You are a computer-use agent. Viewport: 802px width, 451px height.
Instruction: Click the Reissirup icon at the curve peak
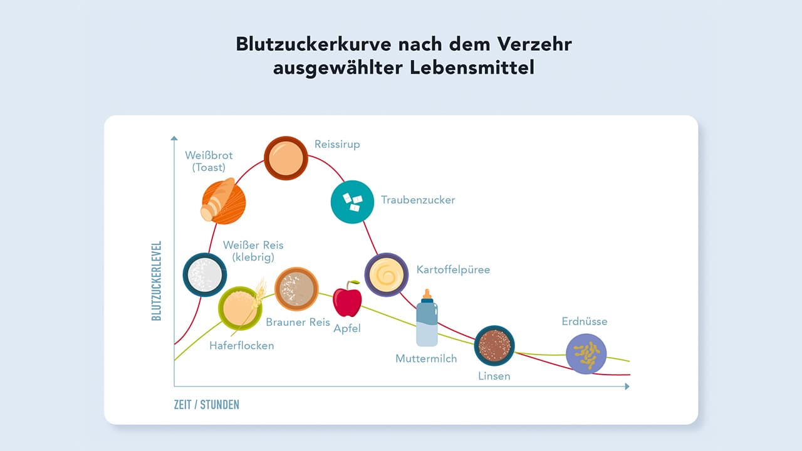tap(286, 158)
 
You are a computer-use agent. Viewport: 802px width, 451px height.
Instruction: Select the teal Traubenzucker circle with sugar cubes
tap(352, 202)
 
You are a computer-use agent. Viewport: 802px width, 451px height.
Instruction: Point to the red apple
tap(347, 299)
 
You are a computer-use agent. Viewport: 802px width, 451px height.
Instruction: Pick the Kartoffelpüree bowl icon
tap(387, 274)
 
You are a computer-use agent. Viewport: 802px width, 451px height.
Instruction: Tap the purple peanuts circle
tap(586, 354)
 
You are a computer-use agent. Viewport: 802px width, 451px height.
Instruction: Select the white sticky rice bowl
tap(204, 274)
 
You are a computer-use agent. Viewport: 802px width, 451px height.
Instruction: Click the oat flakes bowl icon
tap(239, 308)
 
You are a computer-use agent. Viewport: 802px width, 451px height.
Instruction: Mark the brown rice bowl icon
tap(296, 289)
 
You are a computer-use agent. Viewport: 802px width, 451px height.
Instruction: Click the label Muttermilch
tap(426, 359)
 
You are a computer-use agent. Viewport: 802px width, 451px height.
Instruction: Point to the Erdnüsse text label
tap(585, 322)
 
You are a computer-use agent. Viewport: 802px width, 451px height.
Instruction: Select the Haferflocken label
tap(242, 345)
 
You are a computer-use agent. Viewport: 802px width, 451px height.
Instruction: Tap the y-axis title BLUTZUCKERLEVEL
tap(157, 281)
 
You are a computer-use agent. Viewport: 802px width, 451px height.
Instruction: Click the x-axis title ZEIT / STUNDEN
tap(207, 405)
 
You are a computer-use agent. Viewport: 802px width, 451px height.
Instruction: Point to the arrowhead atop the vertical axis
tap(174, 138)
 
